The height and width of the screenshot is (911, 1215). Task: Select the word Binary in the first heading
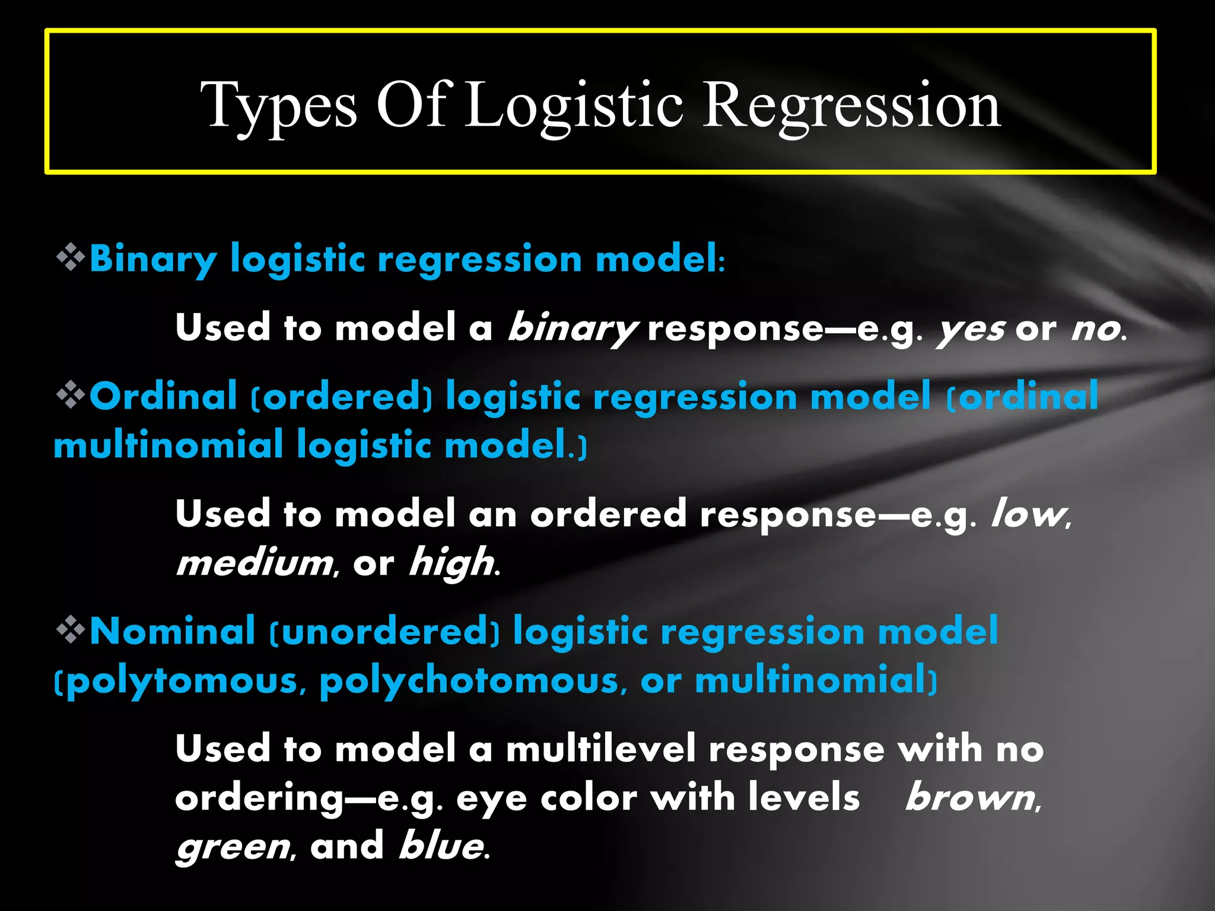[153, 259]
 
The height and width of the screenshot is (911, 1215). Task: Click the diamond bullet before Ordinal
[71, 395]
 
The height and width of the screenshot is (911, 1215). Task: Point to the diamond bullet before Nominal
[71, 630]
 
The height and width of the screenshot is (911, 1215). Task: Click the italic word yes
[971, 329]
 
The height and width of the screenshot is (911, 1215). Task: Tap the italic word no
[1095, 329]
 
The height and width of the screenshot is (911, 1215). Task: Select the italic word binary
[572, 329]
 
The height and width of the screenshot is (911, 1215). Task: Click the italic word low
[1029, 514]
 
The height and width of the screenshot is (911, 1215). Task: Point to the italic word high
[451, 563]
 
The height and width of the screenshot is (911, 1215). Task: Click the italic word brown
[971, 798]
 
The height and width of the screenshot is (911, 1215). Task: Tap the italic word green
[233, 847]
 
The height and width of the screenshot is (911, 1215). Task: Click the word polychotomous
[469, 681]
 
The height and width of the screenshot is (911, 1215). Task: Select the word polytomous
[182, 681]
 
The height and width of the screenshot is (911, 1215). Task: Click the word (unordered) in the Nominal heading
[384, 631]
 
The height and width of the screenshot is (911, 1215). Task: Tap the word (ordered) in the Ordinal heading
[342, 396]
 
